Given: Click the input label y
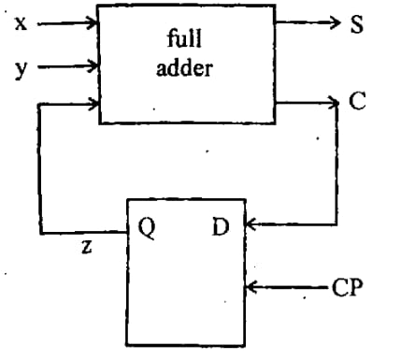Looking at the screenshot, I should point(20,67).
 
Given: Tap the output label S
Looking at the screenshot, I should point(355,25).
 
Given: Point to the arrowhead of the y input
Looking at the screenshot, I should point(92,67).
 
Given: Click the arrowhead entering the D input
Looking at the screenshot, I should point(251,224).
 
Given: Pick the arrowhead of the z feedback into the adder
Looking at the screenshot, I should point(92,105).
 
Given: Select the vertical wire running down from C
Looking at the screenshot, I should point(336,164).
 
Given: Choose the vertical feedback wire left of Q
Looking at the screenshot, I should point(40,168).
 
